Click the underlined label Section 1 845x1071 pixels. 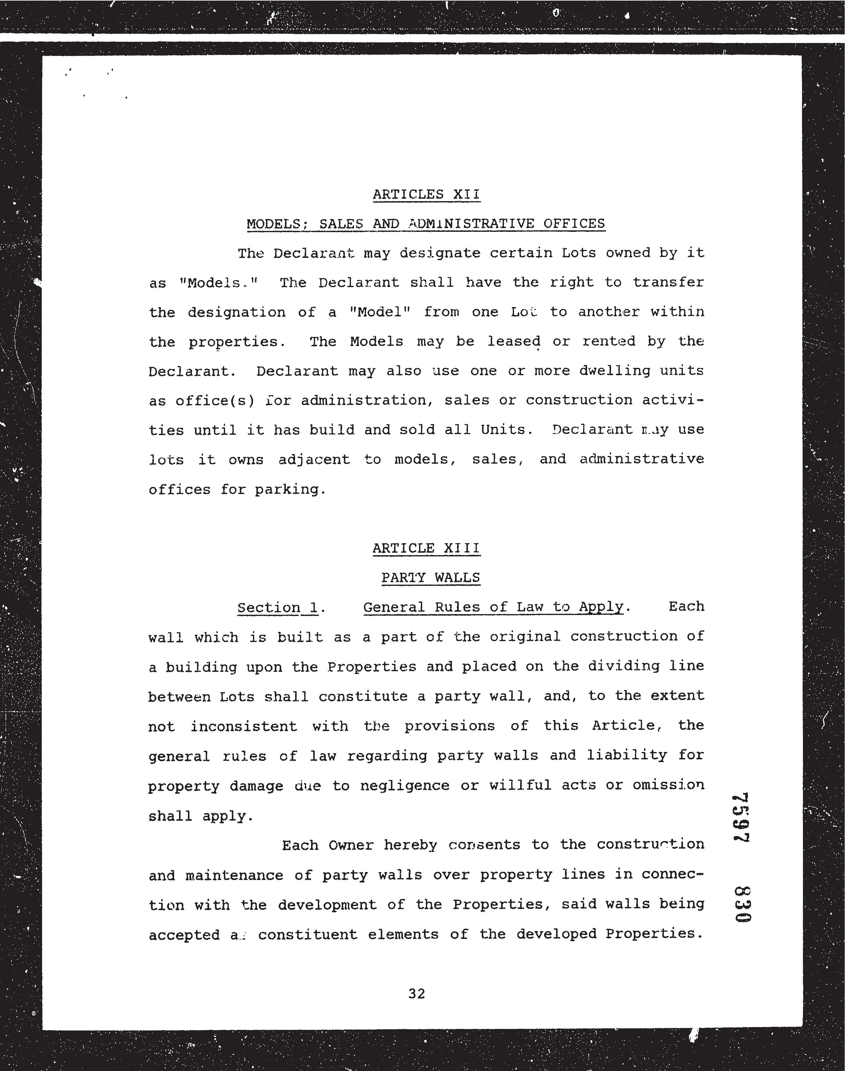point(278,607)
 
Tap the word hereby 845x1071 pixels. point(410,845)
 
